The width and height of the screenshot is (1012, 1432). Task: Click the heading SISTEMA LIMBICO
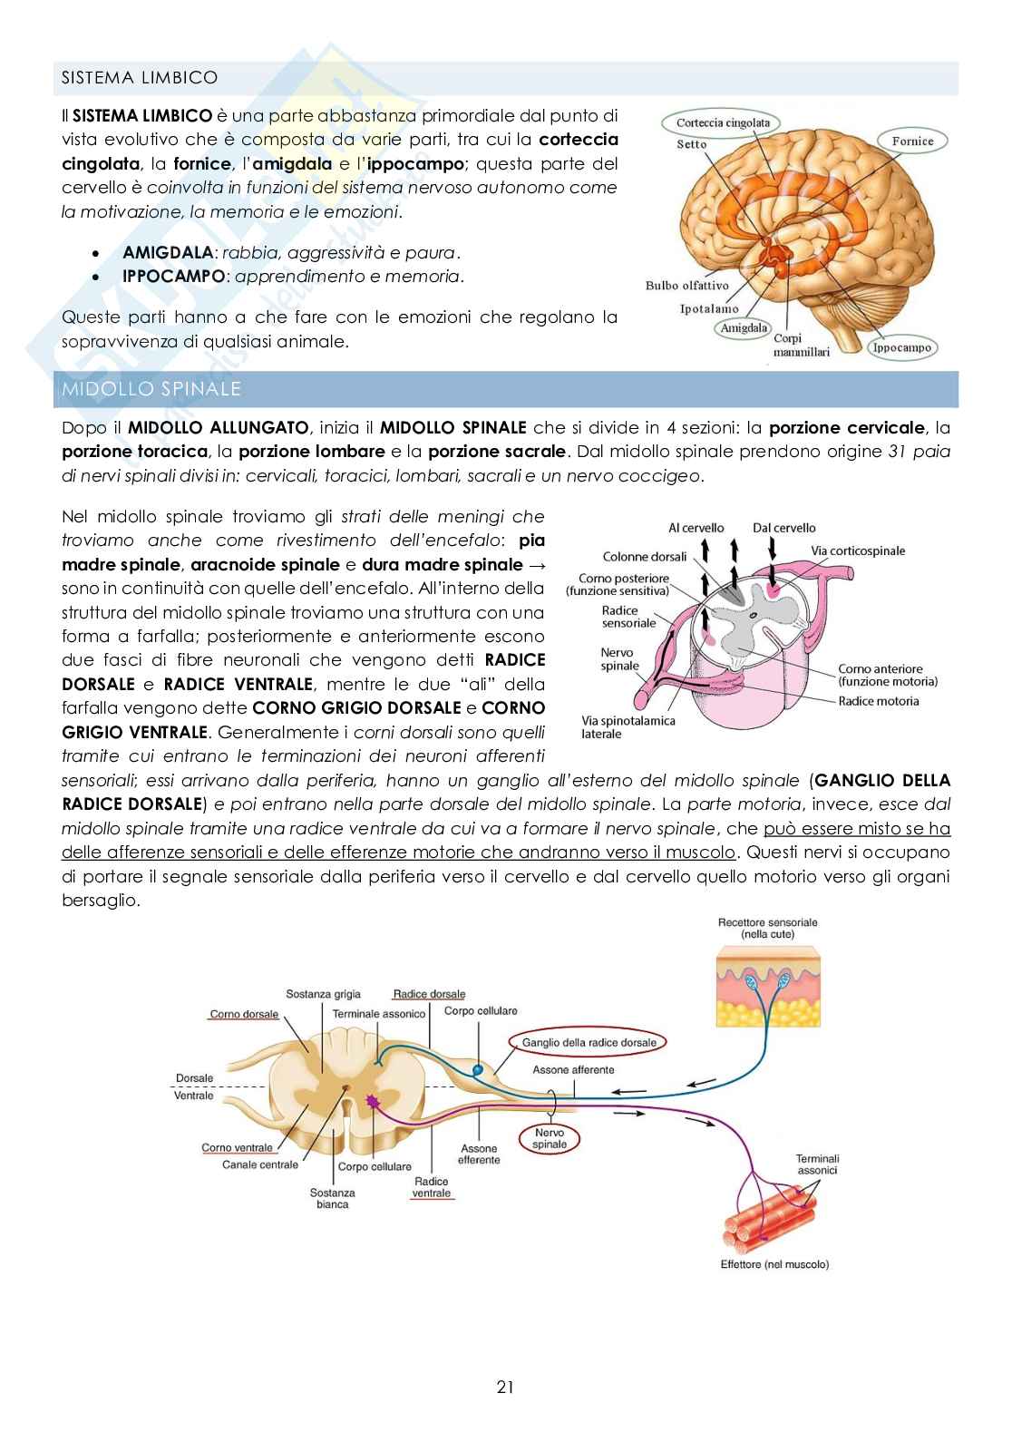click(139, 78)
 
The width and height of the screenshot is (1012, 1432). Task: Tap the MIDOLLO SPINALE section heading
click(151, 389)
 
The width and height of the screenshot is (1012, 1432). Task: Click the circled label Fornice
click(911, 141)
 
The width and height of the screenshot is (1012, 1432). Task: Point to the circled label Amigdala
click(743, 327)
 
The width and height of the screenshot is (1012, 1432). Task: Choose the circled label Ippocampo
click(901, 347)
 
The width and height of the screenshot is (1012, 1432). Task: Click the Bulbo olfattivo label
click(686, 286)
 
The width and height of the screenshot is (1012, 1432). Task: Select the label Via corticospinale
click(857, 550)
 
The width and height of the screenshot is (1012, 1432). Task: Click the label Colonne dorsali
click(645, 557)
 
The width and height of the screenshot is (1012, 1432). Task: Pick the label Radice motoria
click(878, 700)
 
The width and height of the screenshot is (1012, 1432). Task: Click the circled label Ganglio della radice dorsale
click(589, 1042)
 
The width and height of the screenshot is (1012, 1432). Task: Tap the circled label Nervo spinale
click(550, 1138)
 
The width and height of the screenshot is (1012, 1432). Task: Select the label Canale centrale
click(260, 1164)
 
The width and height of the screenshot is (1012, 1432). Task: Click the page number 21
click(505, 1387)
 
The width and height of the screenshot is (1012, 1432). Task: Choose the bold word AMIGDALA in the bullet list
click(167, 253)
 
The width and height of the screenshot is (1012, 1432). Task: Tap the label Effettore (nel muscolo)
click(774, 1264)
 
